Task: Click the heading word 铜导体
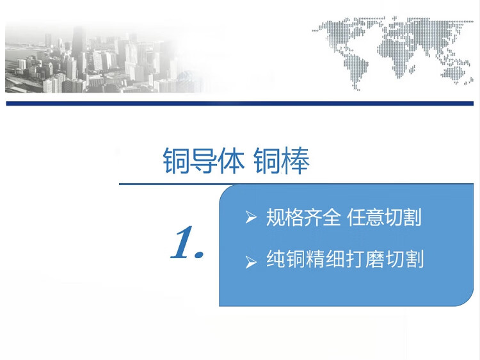(x=204, y=160)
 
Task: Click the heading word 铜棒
(x=282, y=160)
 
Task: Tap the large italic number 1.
(x=187, y=242)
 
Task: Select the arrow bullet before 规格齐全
(x=251, y=217)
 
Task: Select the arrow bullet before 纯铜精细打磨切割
(x=251, y=262)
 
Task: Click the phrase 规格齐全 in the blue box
(x=303, y=217)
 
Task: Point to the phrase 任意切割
(x=384, y=217)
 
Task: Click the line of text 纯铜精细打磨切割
(x=345, y=259)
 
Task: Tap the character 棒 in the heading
(x=295, y=161)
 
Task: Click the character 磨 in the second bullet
(x=374, y=259)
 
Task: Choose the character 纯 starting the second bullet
(x=275, y=259)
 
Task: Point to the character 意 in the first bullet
(x=375, y=217)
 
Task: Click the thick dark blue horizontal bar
(x=240, y=104)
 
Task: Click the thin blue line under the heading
(x=296, y=184)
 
